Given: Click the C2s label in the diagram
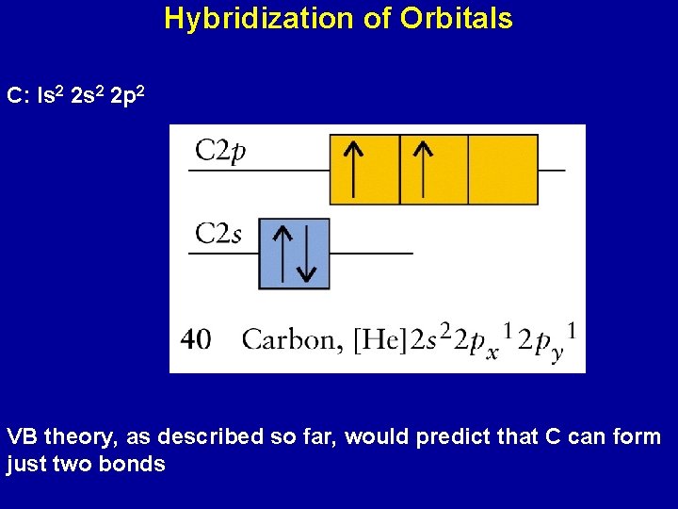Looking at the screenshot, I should coord(218,233).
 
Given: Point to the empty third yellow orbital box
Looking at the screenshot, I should coord(503,169).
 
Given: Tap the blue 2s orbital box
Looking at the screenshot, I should coord(294,254).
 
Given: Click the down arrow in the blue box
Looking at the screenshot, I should coord(306,254).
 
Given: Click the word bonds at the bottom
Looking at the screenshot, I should coord(135,465).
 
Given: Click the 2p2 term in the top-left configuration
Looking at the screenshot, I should coord(127,96).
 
